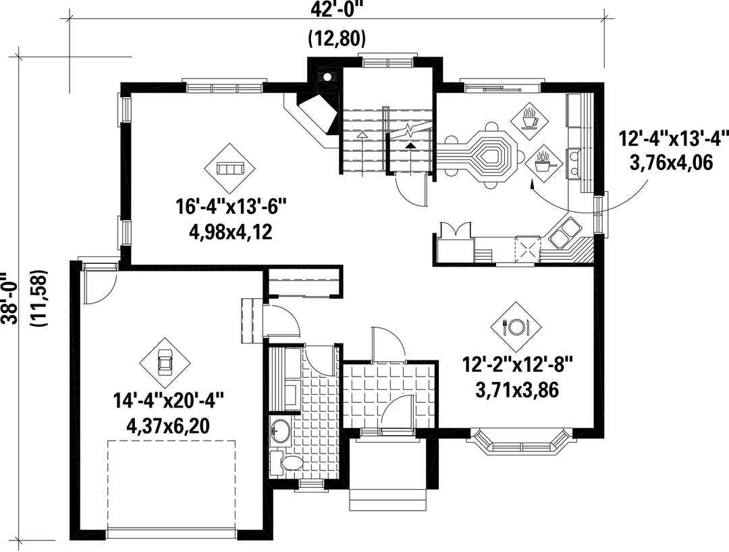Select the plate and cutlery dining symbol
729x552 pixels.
tap(516, 327)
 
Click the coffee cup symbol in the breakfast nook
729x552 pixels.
tap(529, 119)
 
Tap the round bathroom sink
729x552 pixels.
tap(280, 431)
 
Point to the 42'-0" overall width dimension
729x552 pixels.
tap(337, 9)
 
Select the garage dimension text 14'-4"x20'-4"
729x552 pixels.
tap(169, 400)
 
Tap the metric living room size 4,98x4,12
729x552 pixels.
tap(230, 231)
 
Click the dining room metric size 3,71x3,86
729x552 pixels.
tap(516, 390)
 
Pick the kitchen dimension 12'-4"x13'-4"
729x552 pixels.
tap(673, 138)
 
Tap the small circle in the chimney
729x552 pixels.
tap(328, 77)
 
